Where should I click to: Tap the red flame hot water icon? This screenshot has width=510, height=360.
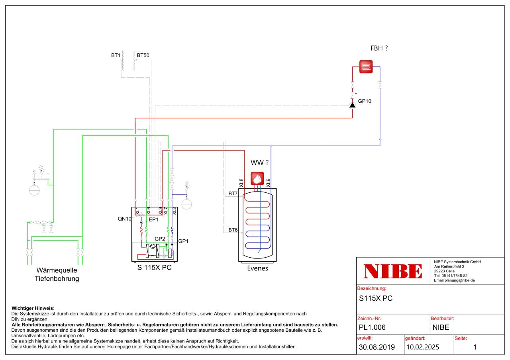258,178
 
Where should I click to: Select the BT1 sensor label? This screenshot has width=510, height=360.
116,55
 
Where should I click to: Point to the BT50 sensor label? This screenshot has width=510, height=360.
143,55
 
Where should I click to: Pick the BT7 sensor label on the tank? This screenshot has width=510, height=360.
233,194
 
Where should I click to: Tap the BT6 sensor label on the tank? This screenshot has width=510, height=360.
233,230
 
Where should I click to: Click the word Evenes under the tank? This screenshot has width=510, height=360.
257,268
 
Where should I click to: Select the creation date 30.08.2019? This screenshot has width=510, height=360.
377,347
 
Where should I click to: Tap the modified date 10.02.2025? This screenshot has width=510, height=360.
422,347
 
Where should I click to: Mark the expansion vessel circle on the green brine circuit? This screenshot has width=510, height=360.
35,190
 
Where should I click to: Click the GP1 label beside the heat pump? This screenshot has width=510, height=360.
183,241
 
